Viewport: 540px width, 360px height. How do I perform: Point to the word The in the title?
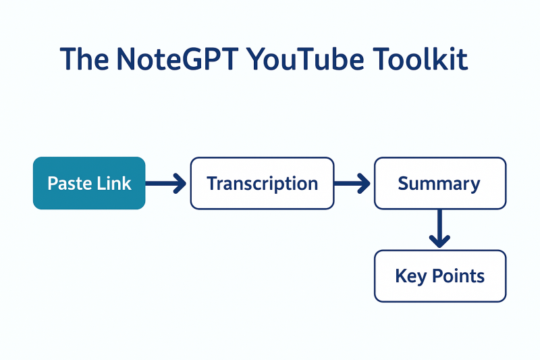click(84, 59)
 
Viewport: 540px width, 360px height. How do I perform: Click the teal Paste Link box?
click(89, 183)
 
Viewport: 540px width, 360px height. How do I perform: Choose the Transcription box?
click(262, 183)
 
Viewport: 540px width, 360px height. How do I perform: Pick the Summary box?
click(439, 183)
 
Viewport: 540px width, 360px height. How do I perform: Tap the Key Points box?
click(439, 276)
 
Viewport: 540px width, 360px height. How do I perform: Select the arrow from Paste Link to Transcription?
click(166, 183)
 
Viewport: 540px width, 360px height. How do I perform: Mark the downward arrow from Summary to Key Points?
click(439, 228)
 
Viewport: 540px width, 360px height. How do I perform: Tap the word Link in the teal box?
click(113, 184)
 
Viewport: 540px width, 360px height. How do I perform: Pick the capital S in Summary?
click(403, 184)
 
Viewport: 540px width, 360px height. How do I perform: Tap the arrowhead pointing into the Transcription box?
click(180, 183)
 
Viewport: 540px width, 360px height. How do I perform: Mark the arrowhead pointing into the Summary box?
click(364, 183)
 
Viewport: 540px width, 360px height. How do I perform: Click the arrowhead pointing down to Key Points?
click(439, 240)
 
